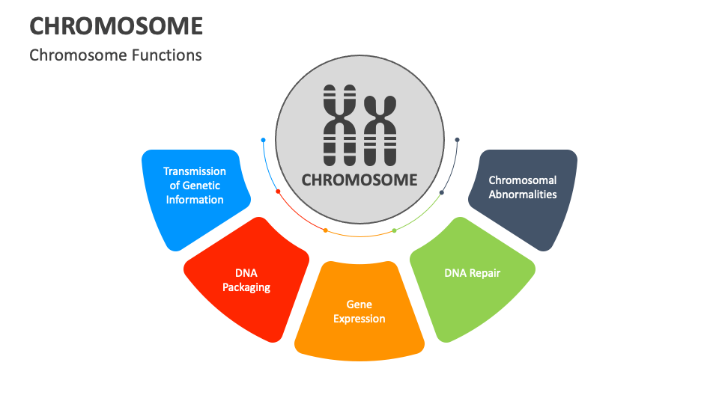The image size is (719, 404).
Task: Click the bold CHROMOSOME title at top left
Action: (x=116, y=25)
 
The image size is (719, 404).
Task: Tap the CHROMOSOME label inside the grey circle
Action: (x=359, y=180)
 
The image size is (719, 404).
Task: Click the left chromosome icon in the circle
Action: (x=338, y=125)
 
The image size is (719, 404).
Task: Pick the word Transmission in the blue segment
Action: (x=195, y=171)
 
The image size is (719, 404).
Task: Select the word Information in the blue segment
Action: (x=195, y=200)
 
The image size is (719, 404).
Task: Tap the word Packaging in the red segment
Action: (x=246, y=287)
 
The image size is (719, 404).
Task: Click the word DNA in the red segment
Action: (x=246, y=273)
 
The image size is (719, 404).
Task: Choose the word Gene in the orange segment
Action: (x=359, y=304)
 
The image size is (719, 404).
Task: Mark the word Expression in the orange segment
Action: (x=359, y=319)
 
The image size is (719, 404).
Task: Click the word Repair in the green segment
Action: (x=485, y=273)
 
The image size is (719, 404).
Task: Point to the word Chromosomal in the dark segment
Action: (x=523, y=180)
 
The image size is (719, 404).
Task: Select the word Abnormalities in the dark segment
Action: (x=523, y=194)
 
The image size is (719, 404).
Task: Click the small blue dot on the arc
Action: (x=264, y=140)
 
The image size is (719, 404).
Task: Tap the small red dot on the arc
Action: (x=278, y=192)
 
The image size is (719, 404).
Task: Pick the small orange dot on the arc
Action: (x=325, y=230)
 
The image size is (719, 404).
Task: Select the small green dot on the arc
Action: (x=395, y=230)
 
